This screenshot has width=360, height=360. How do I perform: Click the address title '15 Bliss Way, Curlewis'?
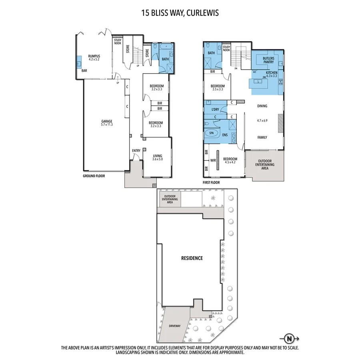coord(180,13)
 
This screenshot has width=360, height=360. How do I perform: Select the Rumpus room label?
coord(94,58)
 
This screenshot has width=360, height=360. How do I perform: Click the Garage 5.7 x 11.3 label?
coord(106,123)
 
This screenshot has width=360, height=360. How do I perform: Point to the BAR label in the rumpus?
coord(84,71)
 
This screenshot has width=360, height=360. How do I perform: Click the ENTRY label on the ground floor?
coord(136,150)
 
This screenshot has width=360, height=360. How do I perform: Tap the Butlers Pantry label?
coord(268,60)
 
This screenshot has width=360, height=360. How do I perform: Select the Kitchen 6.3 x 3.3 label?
coord(272,74)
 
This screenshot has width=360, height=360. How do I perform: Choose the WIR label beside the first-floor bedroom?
coord(212,160)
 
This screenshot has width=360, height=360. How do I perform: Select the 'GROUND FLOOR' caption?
coord(94,176)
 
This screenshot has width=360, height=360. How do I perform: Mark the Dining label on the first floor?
coord(262,106)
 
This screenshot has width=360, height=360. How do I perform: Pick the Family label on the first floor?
coord(262,137)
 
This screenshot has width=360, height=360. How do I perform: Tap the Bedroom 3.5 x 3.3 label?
coord(218,88)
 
